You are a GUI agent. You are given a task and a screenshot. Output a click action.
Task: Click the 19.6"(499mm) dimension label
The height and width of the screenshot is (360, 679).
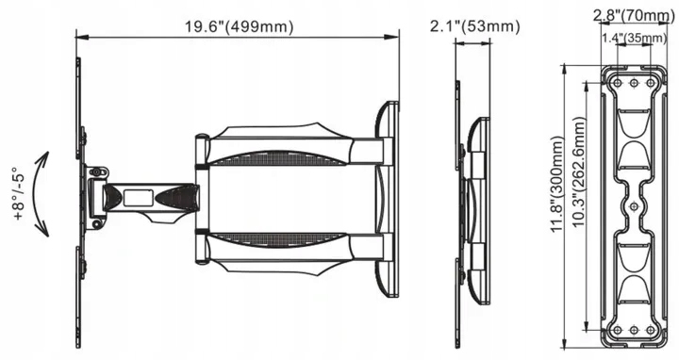(x=240, y=26)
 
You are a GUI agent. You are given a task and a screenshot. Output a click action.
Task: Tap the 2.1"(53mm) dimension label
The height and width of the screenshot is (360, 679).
(x=474, y=26)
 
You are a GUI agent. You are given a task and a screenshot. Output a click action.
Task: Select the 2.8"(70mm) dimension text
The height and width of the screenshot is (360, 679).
(x=634, y=16)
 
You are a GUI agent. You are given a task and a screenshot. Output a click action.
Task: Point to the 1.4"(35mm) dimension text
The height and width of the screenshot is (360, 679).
(x=634, y=38)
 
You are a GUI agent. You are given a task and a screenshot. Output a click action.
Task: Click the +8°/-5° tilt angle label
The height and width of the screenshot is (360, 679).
(x=21, y=194)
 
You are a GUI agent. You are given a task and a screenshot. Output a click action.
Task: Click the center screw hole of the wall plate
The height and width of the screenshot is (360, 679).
(x=634, y=206)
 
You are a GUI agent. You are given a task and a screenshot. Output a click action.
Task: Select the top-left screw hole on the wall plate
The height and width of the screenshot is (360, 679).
(x=618, y=83)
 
